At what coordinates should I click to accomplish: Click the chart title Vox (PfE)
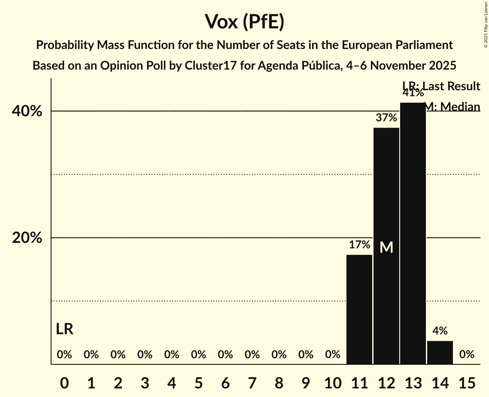pos(244,21)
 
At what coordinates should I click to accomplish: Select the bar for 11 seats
pos(359,309)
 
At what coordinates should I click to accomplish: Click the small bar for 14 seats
pos(440,352)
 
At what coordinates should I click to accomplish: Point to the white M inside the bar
pos(386,247)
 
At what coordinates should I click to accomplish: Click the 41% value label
pos(413,92)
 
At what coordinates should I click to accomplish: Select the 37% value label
pos(386,118)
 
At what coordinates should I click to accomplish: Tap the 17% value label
pos(359,245)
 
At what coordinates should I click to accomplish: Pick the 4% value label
pos(440,331)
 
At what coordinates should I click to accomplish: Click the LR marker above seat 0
pos(64,330)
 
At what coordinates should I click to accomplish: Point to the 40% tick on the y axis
pos(27,111)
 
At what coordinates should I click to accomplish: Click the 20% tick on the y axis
pos(27,238)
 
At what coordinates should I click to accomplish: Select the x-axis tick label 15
pos(467,382)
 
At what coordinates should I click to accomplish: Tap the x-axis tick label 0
pos(64,382)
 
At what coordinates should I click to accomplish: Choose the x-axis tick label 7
pos(252,382)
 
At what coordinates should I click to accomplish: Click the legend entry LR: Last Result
pos(441,86)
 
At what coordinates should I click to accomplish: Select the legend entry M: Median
pos(452,107)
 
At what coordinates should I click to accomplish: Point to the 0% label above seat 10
pos(333,355)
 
